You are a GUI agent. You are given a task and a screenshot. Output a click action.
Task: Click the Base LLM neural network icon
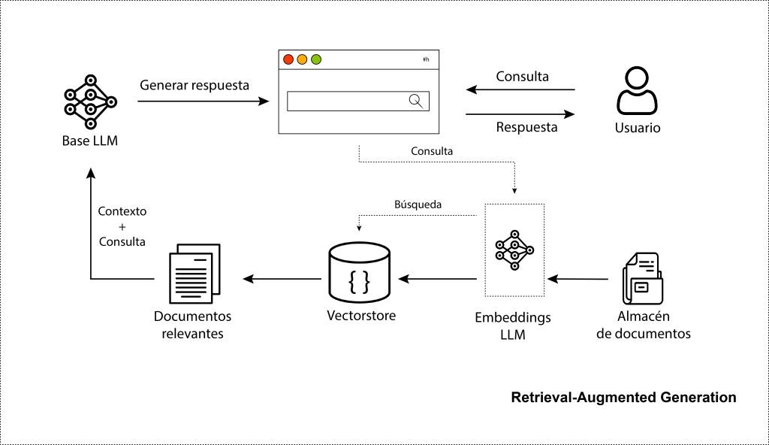coord(90,101)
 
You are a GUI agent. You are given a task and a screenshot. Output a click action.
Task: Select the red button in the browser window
coord(288,59)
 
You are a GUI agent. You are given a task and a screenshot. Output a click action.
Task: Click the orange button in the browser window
coord(302,59)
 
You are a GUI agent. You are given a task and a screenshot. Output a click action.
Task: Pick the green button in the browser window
coord(316,59)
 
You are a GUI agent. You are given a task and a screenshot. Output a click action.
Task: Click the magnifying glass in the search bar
coord(415,101)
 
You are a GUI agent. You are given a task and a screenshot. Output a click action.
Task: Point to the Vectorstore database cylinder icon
coord(360,271)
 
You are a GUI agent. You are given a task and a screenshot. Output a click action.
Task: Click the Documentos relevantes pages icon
coord(194,271)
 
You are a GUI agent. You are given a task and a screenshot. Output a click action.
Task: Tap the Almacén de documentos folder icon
coord(642,277)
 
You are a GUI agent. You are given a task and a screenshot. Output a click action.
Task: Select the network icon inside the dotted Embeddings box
coord(514,249)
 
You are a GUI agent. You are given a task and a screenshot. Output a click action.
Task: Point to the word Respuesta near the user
coord(526,127)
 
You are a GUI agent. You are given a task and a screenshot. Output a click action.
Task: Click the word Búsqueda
coord(418,204)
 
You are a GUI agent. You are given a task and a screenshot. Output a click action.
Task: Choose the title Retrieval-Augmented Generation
coord(623,397)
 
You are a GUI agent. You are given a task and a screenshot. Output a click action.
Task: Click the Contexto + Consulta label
coord(122,227)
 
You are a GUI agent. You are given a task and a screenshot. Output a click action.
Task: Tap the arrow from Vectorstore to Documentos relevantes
coord(282,279)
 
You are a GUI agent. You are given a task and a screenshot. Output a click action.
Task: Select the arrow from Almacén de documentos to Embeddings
coord(578,279)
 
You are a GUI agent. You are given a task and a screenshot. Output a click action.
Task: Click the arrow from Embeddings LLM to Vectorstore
coord(438,279)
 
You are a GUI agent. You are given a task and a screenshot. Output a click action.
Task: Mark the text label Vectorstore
coord(361,316)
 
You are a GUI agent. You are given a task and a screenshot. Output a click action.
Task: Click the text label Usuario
coord(637,128)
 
